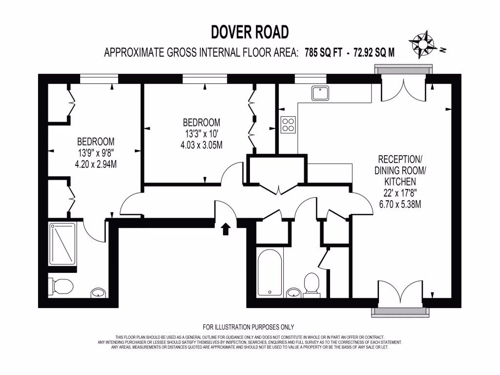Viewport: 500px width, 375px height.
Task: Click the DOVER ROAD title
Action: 250,32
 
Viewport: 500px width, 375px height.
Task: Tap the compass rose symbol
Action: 423,43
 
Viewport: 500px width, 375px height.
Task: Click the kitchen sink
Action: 320,92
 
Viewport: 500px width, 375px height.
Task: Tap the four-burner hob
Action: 288,125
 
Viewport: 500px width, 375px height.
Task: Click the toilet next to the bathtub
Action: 311,285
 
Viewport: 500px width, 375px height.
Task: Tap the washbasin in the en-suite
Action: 98,293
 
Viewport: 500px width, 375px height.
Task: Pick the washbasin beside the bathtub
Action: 293,293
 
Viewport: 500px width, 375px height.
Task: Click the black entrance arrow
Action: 226,229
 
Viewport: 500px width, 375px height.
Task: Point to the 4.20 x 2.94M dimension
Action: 96,164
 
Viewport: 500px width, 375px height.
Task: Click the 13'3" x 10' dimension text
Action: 201,133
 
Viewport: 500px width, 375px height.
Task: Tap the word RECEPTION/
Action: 399,159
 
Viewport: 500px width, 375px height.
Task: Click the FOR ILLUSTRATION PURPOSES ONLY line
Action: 249,327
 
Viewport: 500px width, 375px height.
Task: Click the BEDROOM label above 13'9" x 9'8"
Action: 96,142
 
